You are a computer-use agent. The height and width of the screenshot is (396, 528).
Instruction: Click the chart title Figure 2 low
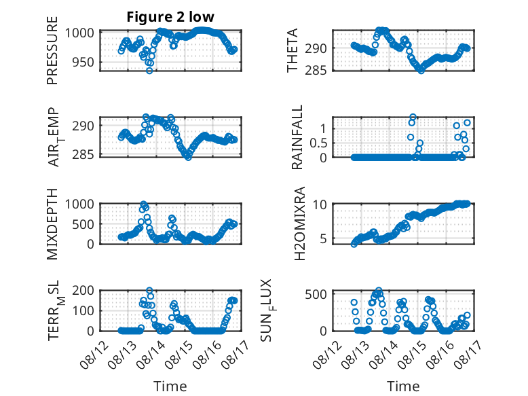[x=170, y=17]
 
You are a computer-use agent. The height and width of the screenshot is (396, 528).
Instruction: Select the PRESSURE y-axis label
[x=52, y=50]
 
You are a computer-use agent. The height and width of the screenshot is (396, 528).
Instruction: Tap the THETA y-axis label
[x=293, y=50]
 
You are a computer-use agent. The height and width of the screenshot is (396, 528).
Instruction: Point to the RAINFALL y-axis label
[x=297, y=137]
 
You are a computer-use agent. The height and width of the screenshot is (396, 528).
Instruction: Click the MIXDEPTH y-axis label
[x=52, y=224]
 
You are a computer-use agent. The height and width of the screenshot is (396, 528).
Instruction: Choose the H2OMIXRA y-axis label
[x=299, y=223]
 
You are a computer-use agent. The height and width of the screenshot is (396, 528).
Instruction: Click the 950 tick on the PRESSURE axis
[x=83, y=62]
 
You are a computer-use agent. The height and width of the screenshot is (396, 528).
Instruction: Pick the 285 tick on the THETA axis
[x=316, y=71]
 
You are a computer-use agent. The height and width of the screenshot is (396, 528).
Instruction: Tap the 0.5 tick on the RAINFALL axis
[x=318, y=143]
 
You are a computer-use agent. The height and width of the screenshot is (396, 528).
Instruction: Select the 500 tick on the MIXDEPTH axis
[x=83, y=224]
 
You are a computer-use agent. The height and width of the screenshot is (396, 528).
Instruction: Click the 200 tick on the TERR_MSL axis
[x=83, y=290]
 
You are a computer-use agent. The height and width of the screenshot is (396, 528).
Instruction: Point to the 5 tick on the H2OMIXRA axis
[x=323, y=239]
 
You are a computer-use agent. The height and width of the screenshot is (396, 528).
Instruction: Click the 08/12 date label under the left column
[x=94, y=354]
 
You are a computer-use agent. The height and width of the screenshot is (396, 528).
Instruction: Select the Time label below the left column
[x=170, y=386]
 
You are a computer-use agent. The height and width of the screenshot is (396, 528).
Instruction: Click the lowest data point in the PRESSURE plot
[x=149, y=71]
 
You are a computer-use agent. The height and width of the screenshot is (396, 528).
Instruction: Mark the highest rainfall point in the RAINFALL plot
[x=413, y=117]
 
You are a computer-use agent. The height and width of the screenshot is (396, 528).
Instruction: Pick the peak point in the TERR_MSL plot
[x=149, y=290]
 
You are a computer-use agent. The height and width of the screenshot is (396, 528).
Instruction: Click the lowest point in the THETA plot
[x=421, y=71]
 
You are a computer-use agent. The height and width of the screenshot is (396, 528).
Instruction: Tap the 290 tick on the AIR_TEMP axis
[x=83, y=126]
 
